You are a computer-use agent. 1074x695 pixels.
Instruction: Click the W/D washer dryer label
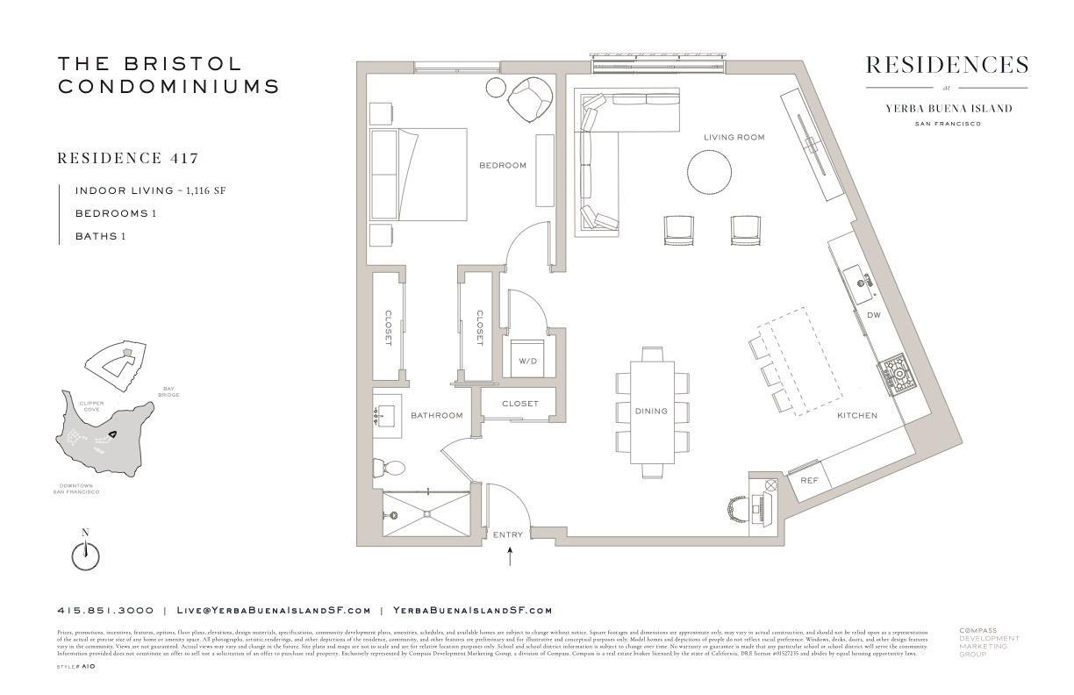pos(528,360)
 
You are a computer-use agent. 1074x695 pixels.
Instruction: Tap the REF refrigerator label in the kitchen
pos(809,480)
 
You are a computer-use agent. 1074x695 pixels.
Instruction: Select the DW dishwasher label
pos(873,314)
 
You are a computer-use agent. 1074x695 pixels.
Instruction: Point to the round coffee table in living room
pos(710,171)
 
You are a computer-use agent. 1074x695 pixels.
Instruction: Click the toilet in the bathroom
pos(390,467)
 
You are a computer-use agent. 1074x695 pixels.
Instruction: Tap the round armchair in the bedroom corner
pos(531,100)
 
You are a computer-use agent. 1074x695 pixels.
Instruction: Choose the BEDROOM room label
pos(502,165)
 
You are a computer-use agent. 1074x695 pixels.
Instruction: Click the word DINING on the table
pos(651,411)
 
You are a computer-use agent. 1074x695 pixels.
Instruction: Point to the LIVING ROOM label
pos(734,137)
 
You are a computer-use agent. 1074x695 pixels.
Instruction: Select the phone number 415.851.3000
pos(105,610)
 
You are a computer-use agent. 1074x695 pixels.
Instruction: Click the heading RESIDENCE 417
pos(127,159)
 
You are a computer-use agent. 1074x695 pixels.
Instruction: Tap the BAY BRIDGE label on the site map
pos(169,391)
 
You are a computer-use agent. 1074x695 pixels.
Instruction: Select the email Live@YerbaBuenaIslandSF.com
pos(274,610)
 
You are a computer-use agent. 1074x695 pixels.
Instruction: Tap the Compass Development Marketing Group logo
pos(988,641)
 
